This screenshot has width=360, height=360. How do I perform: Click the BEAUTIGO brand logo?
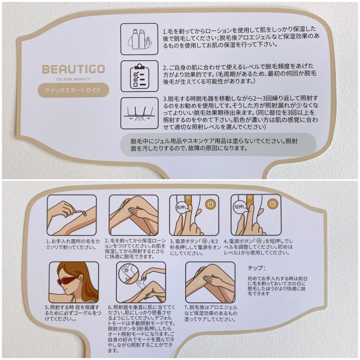click(73, 69)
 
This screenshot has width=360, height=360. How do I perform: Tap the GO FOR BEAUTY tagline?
click(73, 79)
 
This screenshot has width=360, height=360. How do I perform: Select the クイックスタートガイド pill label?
click(73, 90)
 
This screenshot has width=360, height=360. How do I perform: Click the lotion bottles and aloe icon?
click(139, 39)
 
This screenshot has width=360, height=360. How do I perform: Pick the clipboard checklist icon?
click(139, 76)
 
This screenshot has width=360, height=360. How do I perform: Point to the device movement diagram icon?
click(139, 113)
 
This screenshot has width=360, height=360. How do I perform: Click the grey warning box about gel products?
click(218, 144)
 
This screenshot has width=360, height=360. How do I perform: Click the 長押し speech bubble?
click(182, 208)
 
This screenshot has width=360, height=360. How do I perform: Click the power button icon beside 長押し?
click(211, 204)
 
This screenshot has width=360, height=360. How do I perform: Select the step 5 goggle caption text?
click(73, 313)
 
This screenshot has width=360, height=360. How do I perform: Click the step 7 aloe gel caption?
click(211, 313)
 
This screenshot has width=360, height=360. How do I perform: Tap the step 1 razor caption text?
click(73, 244)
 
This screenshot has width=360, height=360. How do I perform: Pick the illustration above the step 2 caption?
click(134, 215)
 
